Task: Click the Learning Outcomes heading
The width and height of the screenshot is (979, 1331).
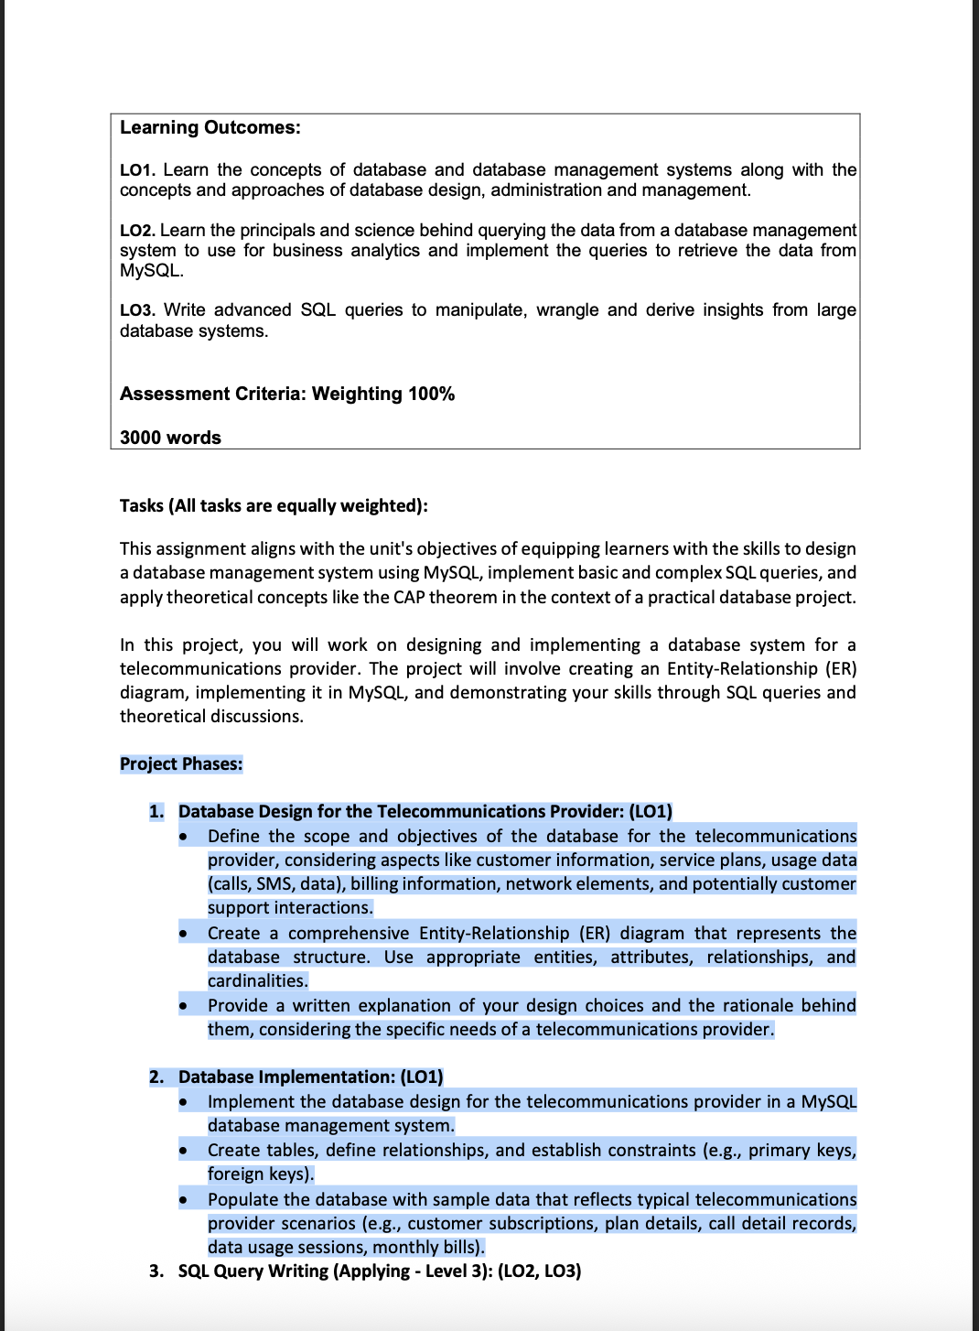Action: click(x=210, y=127)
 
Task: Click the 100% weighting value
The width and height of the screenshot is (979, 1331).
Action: click(x=431, y=394)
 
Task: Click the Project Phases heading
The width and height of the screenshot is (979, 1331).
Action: click(x=181, y=763)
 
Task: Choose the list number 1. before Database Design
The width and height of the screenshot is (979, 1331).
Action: click(x=156, y=812)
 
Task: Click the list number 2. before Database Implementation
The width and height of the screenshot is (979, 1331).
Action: click(x=156, y=1077)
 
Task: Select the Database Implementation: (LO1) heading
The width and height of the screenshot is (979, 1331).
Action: click(x=310, y=1077)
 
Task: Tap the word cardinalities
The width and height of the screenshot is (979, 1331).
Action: click(x=257, y=981)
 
